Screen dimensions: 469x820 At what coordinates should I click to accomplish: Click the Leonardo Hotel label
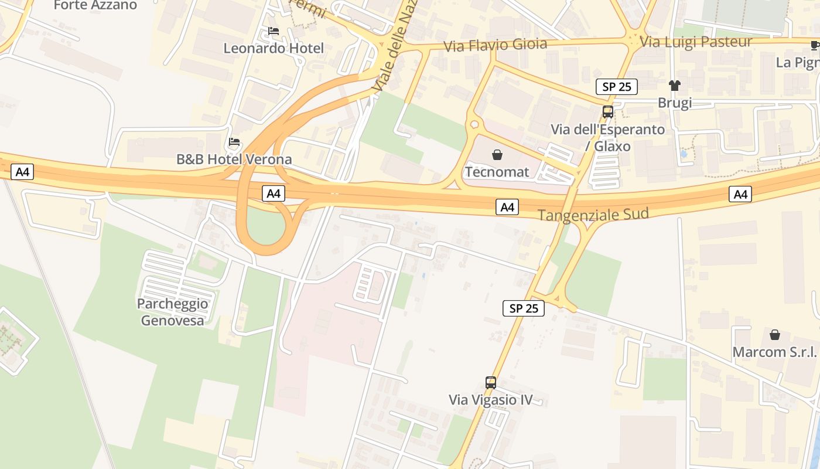273,48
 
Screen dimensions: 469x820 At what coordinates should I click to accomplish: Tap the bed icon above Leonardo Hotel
273,31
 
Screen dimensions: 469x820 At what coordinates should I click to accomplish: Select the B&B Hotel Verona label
234,159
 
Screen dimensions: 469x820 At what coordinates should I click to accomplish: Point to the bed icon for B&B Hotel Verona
234,142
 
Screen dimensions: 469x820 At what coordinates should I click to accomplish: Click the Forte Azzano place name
95,5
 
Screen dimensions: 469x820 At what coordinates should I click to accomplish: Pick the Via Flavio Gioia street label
496,45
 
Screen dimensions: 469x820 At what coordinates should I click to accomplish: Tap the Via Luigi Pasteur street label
696,42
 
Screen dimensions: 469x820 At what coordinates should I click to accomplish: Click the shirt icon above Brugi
675,86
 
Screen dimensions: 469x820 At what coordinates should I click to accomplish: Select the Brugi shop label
675,103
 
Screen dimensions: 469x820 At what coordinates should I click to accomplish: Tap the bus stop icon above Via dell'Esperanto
608,111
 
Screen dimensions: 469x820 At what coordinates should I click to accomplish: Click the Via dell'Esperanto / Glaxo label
608,137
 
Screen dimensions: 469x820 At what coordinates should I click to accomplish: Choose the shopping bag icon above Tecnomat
497,155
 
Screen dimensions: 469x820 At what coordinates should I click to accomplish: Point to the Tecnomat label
497,172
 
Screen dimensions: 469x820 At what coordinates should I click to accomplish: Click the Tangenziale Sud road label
593,215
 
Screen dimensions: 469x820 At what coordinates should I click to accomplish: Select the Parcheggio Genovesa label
172,312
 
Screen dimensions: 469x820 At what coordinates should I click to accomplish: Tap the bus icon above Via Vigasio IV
491,383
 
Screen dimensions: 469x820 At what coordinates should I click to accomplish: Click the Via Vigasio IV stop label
491,400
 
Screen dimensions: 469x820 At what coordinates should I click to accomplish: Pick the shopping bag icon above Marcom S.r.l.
775,335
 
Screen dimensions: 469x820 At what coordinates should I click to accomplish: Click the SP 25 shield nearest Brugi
616,87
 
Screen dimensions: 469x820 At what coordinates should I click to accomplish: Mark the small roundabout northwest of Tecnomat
474,124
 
